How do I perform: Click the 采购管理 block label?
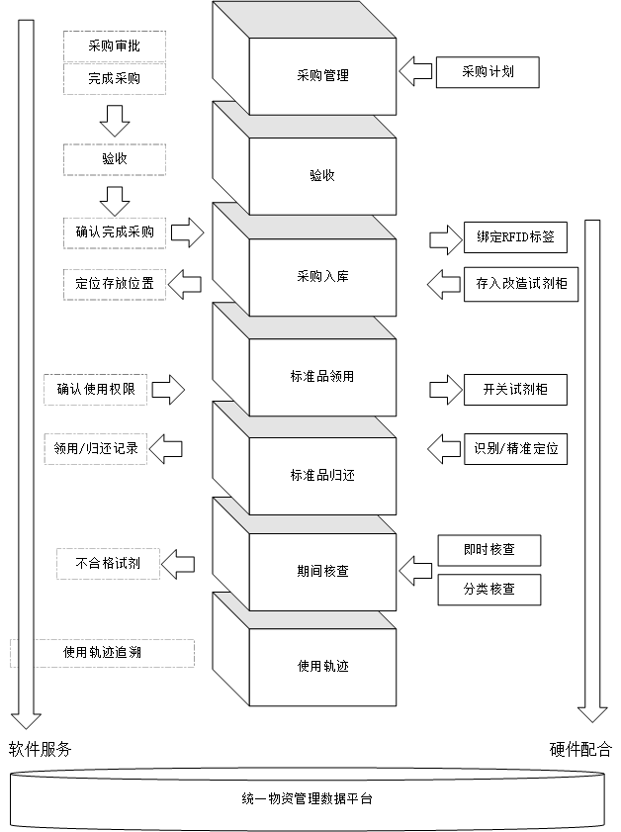coord(322,74)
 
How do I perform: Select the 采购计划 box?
coord(488,72)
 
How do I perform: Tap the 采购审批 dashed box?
coord(114,46)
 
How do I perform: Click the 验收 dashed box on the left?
coord(114,158)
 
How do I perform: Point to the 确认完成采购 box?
coord(114,232)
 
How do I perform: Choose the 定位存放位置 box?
coord(114,284)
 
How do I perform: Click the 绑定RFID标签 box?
coord(514,238)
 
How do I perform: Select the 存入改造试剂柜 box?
coord(514,284)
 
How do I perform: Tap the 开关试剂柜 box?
coord(514,390)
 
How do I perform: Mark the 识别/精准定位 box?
coord(514,448)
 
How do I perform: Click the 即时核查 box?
coord(488,549)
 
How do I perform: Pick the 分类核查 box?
coord(488,589)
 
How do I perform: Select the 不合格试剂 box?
coord(107,564)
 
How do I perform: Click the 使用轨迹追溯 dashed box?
coord(102,653)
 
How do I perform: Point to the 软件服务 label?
coord(41,749)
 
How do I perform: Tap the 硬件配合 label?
coord(580,749)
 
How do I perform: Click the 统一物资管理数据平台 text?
coord(307,797)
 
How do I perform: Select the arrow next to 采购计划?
coord(415,71)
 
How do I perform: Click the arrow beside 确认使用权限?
coord(169,389)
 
